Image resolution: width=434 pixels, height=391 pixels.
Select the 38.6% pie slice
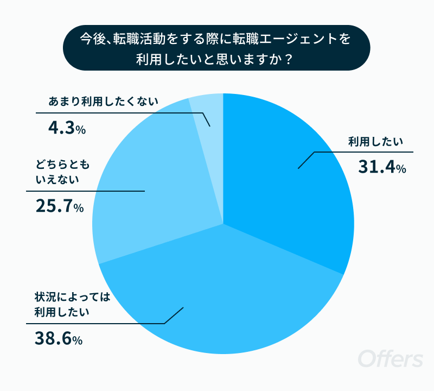[221, 291]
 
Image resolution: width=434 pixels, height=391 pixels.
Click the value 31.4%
[382, 167]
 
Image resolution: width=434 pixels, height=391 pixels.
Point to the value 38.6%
[59, 338]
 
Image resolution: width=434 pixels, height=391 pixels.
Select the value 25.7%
[60, 206]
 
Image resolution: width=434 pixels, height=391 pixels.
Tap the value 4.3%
[67, 128]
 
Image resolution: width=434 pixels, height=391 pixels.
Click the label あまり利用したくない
[103, 102]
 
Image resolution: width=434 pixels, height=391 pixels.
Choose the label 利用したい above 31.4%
[375, 142]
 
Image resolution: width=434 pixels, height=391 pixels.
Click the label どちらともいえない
[62, 172]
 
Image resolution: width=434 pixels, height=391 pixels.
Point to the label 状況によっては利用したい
[72, 305]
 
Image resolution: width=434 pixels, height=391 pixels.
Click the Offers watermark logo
[391, 358]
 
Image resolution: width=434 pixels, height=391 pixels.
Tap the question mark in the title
[289, 59]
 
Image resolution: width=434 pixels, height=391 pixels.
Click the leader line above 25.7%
[85, 191]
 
